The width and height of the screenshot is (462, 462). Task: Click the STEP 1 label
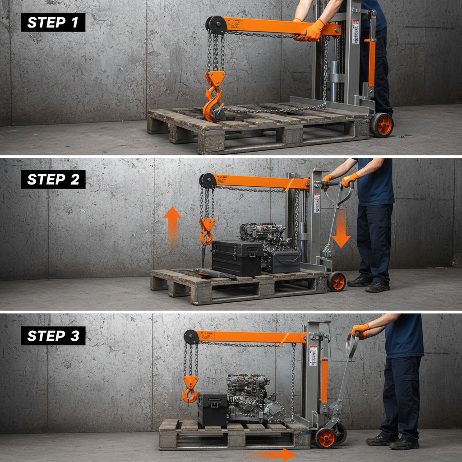pos(53,22)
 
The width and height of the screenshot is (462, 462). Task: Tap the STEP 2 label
pos(53,179)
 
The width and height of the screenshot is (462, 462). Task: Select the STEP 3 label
pos(53,336)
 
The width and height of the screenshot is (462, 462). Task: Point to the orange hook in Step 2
pos(207,230)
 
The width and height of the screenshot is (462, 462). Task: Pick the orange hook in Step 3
pos(190,389)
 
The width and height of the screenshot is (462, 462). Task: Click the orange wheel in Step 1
pos(382,125)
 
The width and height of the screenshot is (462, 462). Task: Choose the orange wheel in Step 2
pos(336,282)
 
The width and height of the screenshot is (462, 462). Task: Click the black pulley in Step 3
pos(191,337)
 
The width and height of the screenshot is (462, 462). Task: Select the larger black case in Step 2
pos(236,257)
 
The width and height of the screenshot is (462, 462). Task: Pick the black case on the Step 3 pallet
pos(212,408)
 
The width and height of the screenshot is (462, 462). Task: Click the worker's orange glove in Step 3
pos(360,330)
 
